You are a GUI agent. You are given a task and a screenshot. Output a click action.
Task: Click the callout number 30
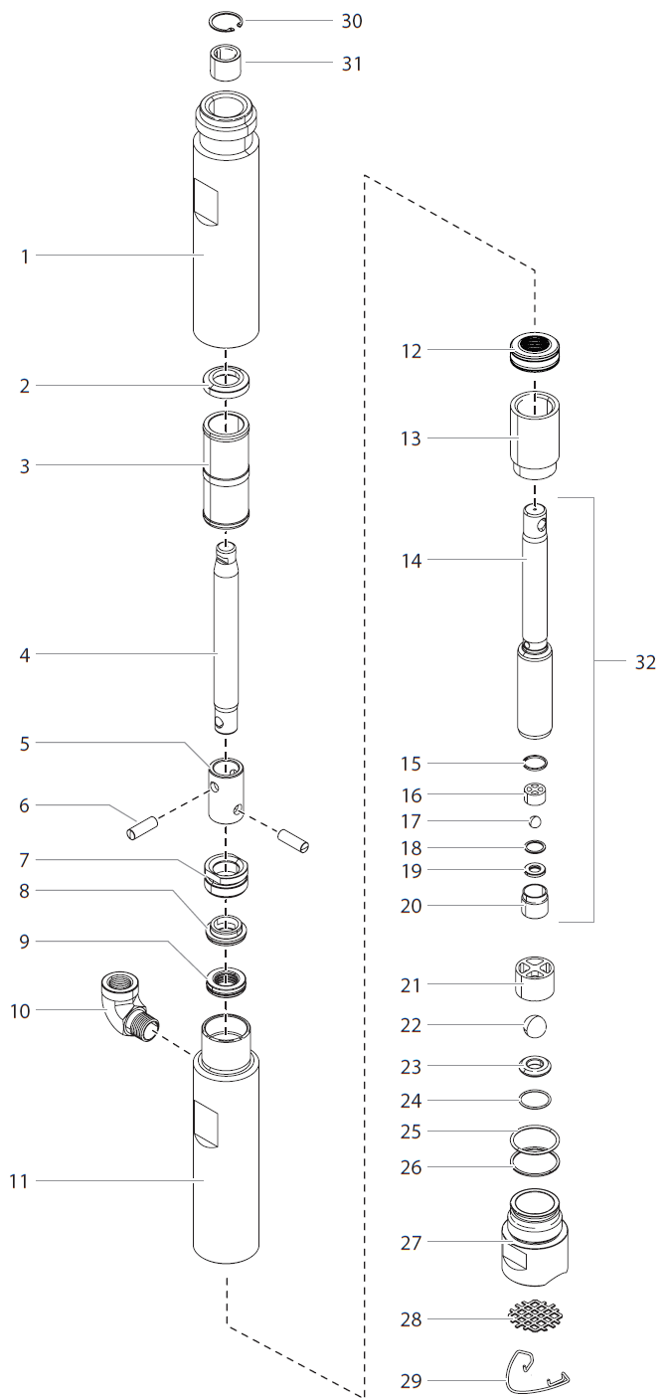click(x=352, y=21)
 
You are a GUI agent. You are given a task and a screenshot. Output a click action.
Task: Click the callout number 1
click(x=26, y=257)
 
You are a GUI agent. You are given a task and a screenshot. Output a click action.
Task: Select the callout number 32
click(x=645, y=663)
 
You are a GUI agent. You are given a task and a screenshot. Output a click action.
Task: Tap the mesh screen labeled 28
click(x=535, y=1316)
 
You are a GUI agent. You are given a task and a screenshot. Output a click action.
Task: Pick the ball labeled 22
click(x=535, y=1025)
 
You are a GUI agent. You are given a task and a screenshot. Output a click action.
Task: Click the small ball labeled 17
click(x=535, y=821)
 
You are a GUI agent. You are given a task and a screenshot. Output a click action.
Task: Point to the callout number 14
click(x=411, y=562)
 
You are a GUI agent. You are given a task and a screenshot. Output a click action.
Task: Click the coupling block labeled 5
click(x=226, y=793)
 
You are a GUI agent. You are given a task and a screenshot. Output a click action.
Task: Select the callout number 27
click(x=411, y=1243)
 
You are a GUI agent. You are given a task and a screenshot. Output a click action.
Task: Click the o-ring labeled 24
click(x=535, y=1100)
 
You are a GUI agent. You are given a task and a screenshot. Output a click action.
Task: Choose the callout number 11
click(x=19, y=1181)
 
